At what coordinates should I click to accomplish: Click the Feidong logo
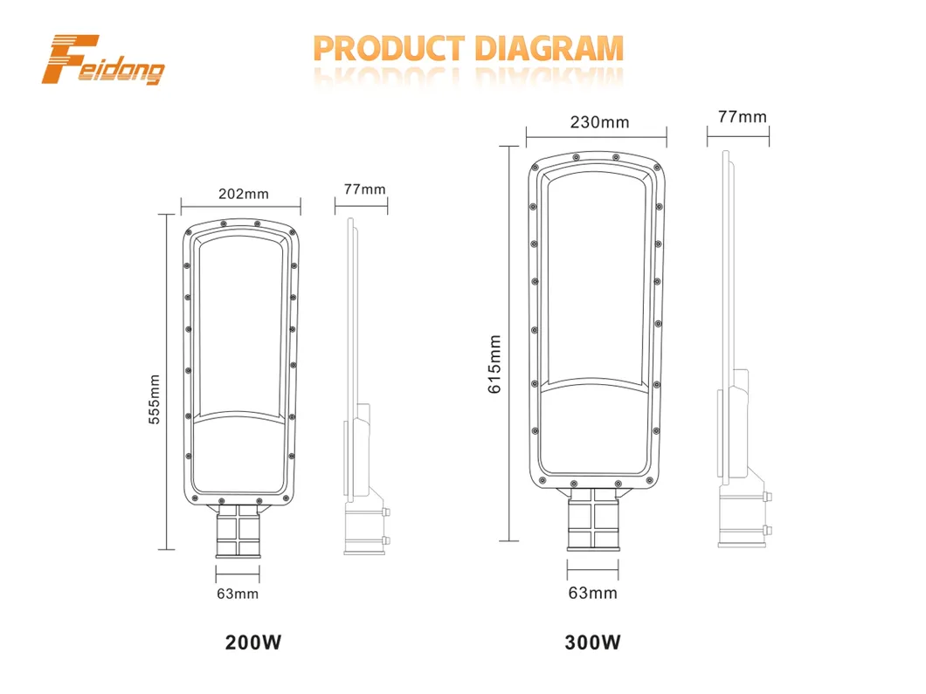click(103, 59)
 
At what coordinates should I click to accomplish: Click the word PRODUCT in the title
click(389, 48)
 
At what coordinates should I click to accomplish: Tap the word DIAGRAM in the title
click(549, 48)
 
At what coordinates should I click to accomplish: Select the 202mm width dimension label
click(244, 194)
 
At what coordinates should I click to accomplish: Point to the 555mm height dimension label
click(154, 399)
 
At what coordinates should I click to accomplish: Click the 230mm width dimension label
click(599, 122)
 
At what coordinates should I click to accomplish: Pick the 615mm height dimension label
click(494, 364)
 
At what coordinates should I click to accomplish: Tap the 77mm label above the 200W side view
click(364, 189)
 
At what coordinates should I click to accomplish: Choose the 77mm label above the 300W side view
click(743, 116)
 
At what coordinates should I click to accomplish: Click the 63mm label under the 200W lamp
click(238, 594)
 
